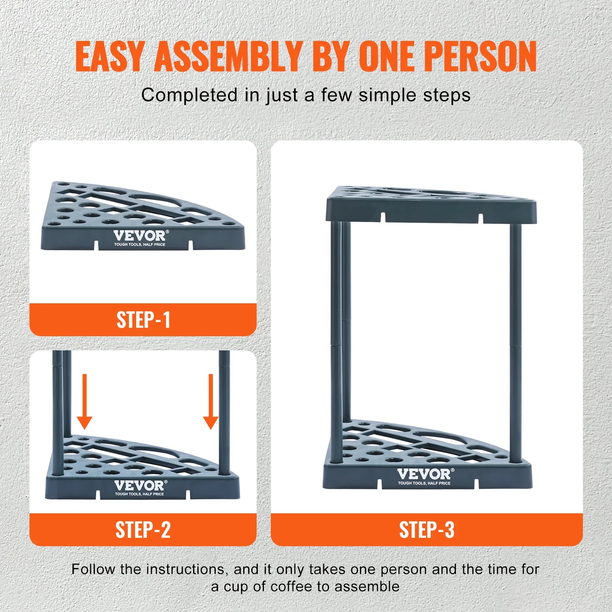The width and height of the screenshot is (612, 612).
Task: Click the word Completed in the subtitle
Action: click(x=189, y=95)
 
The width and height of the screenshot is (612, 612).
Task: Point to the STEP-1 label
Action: click(x=143, y=320)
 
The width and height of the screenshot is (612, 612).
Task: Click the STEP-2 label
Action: click(x=143, y=530)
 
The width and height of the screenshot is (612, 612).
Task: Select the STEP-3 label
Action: click(x=427, y=530)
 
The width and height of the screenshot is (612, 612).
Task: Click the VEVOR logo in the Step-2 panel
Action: click(x=140, y=485)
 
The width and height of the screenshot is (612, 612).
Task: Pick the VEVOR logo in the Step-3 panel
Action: click(x=426, y=474)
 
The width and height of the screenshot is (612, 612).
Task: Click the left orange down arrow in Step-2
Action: click(x=85, y=402)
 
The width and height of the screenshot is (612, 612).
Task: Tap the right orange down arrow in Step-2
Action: click(x=210, y=402)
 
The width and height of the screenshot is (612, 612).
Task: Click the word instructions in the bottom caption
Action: click(x=185, y=570)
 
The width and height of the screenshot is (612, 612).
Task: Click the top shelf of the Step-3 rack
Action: click(x=431, y=205)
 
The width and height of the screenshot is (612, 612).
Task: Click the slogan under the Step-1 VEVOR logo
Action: click(x=140, y=244)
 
